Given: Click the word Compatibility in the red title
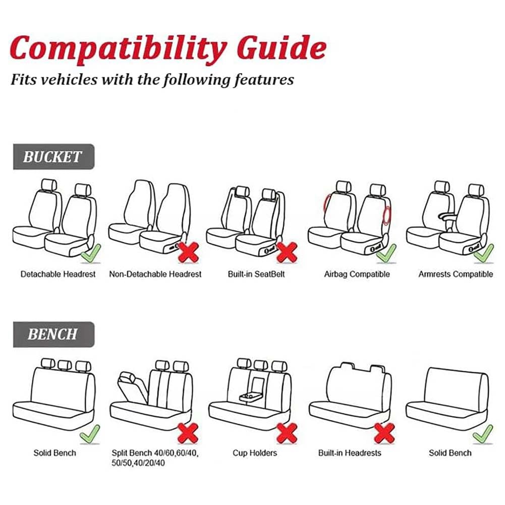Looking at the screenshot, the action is [118, 49].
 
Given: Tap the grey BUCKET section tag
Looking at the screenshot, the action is [54, 156].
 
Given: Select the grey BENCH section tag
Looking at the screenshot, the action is [54, 334].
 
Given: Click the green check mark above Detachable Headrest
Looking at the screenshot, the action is [91, 253].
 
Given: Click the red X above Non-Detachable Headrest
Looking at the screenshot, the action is [189, 252].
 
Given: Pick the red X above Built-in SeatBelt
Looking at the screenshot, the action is [287, 252].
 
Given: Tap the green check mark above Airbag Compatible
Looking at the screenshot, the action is [386, 253].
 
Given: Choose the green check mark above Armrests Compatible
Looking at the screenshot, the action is [484, 253].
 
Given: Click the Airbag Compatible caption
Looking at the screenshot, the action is [357, 274].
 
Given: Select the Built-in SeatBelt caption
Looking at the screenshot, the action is [256, 274].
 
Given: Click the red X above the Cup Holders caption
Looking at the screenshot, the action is [287, 433].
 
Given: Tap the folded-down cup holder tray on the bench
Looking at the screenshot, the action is [252, 397].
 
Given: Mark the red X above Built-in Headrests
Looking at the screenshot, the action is [384, 433].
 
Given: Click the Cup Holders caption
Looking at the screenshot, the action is [255, 453].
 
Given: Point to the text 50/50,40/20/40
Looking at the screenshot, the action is [138, 463].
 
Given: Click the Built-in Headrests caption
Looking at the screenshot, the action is [350, 453].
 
